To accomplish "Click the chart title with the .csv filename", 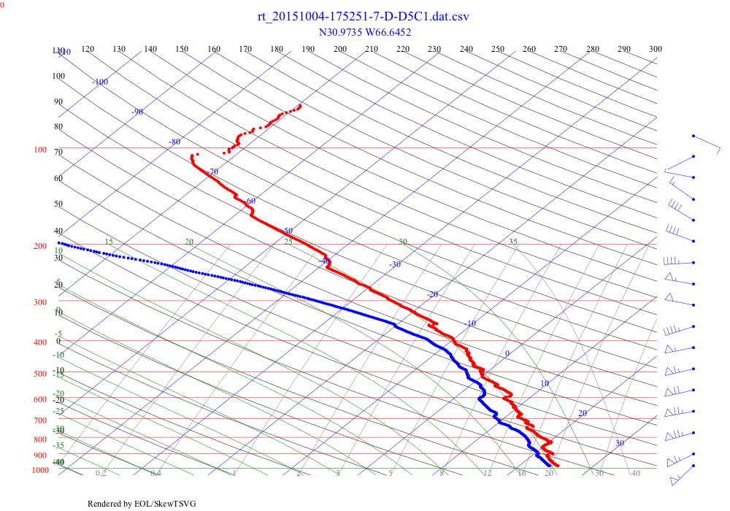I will [x=363, y=17].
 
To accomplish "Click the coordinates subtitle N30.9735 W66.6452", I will [x=363, y=32].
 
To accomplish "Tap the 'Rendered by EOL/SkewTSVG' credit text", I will [x=142, y=504].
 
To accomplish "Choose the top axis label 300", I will [x=656, y=49].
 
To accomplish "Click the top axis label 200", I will [x=340, y=49].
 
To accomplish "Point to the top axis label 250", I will [x=498, y=49].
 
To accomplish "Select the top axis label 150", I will [x=182, y=49].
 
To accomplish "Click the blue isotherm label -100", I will [x=100, y=82].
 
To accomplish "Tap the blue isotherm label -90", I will [x=137, y=112].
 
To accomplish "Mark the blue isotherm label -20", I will [x=432, y=294].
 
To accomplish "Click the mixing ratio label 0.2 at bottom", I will [x=101, y=473].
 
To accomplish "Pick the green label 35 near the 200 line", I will [x=513, y=242].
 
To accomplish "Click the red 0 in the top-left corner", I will [x=2, y=4].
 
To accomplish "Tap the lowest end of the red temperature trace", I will [x=558, y=466].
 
